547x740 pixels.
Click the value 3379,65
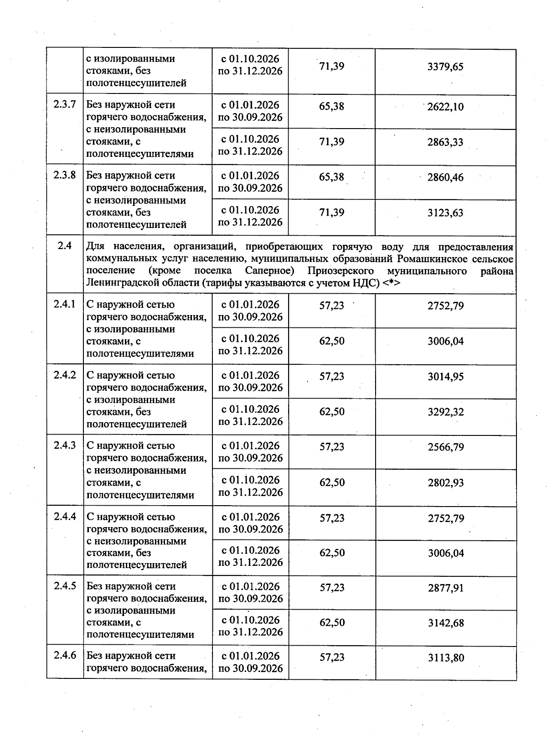(445, 67)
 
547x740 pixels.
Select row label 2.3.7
(64, 104)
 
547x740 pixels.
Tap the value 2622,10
(445, 107)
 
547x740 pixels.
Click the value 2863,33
(445, 142)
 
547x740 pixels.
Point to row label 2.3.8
(64, 175)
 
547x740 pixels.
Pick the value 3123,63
(445, 212)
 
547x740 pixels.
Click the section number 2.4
(65, 246)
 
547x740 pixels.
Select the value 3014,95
(445, 377)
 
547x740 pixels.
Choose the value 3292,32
(445, 412)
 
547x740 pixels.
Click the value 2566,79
(445, 447)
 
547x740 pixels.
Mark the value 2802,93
(445, 482)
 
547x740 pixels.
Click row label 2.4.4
(64, 517)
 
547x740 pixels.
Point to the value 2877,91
(445, 588)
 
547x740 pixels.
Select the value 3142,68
(445, 623)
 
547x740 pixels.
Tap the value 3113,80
(445, 657)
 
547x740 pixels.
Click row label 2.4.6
(64, 656)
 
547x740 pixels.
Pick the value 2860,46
(445, 177)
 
